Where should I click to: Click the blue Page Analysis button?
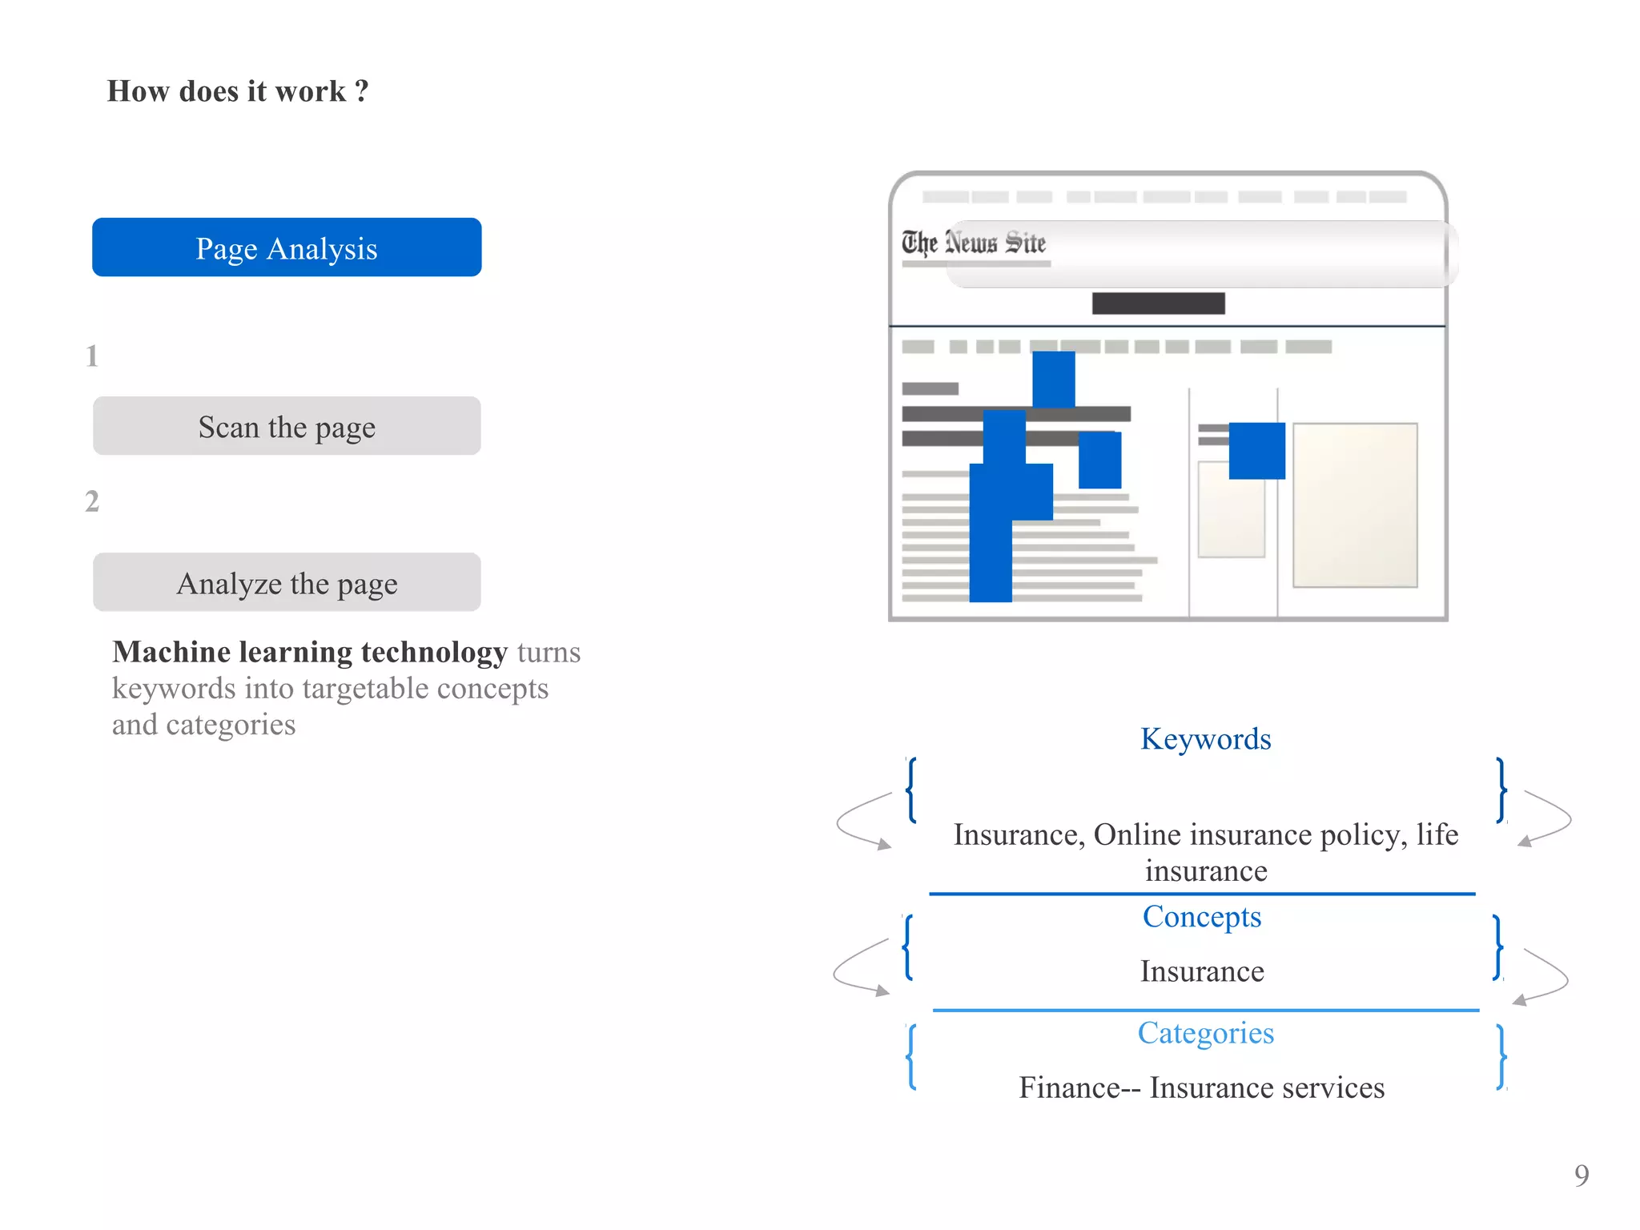pos(287,247)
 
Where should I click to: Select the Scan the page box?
pos(287,426)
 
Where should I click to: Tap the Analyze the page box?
pos(287,582)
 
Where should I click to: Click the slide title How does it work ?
pos(238,91)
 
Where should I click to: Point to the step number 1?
pos(92,356)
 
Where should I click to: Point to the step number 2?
pos(92,501)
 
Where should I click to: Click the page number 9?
pos(1582,1175)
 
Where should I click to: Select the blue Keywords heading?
pos(1205,738)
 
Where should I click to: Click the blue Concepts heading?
pos(1201,916)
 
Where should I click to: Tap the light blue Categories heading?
pos(1205,1032)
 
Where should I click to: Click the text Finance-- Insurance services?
pos(1201,1087)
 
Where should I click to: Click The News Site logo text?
pos(974,242)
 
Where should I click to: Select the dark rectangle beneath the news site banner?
pos(1158,303)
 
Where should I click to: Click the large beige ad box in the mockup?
pos(1355,504)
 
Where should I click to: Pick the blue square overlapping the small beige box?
pos(1256,451)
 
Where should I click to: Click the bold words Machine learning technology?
pos(310,652)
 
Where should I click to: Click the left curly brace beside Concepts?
pos(908,947)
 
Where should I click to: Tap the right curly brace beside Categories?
pos(1501,1057)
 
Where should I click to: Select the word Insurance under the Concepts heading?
pos(1202,971)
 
